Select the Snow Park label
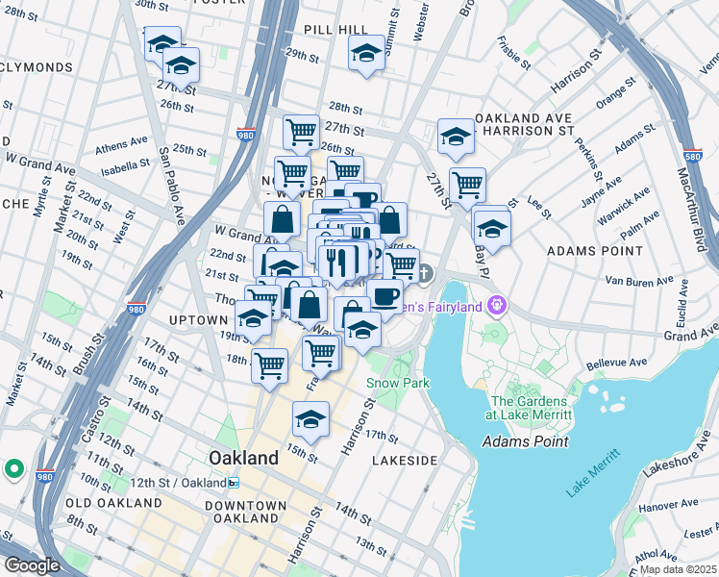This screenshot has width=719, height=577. (x=397, y=383)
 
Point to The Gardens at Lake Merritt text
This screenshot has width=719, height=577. (x=531, y=408)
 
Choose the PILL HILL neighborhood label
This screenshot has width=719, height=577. (x=331, y=30)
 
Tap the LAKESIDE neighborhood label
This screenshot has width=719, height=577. (x=405, y=461)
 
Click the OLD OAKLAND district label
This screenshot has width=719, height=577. (x=114, y=503)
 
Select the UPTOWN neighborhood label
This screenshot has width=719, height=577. (x=196, y=318)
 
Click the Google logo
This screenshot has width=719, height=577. (x=32, y=565)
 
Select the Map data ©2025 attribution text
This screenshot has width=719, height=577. (x=678, y=569)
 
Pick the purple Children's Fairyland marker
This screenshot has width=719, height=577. (x=496, y=306)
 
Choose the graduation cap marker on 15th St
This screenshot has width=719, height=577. (x=310, y=419)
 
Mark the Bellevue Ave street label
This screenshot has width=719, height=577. (x=612, y=364)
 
